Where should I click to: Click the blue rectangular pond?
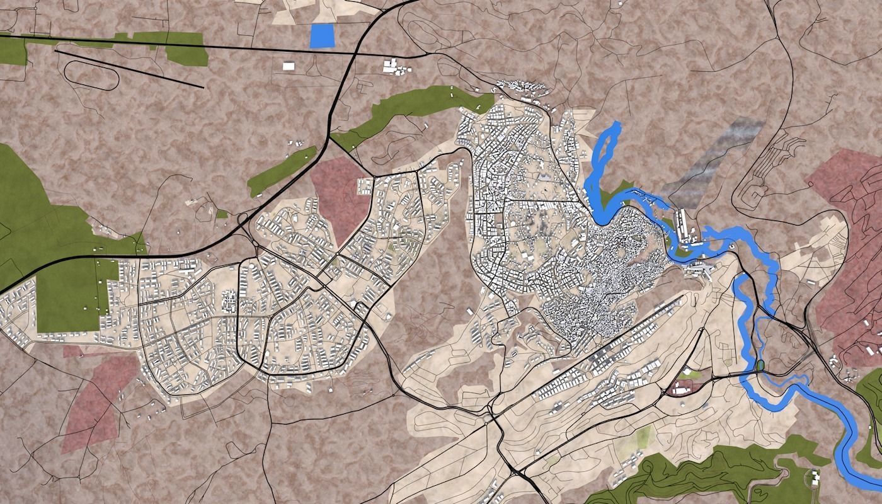click(x=323, y=35)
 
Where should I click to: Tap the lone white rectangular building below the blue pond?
click(x=289, y=66)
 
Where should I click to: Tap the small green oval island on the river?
click(x=760, y=365)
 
